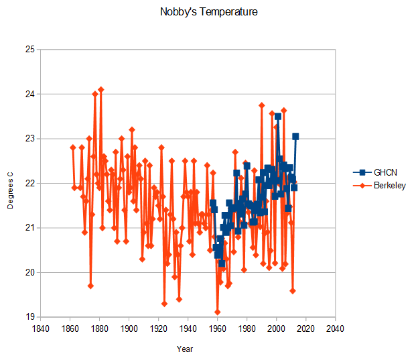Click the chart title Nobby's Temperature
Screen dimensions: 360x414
click(209, 12)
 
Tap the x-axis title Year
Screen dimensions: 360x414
click(186, 349)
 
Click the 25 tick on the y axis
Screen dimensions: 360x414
click(30, 50)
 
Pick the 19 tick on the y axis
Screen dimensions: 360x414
click(30, 317)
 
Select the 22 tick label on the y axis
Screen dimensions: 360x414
click(30, 183)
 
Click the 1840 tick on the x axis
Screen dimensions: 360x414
click(41, 329)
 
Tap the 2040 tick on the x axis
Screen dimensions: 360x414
click(335, 329)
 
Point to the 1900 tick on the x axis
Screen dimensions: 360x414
click(129, 329)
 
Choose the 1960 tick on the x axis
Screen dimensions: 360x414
click(217, 329)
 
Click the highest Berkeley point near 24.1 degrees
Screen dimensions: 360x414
click(101, 89)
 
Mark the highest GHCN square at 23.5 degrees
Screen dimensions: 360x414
click(277, 116)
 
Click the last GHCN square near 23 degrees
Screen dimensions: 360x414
click(295, 136)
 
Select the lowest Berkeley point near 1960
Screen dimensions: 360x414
click(218, 312)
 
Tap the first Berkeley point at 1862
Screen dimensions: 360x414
click(73, 147)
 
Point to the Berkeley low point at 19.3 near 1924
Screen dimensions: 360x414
click(164, 304)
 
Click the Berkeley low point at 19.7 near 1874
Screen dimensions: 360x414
click(90, 286)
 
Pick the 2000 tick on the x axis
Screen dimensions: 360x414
click(276, 329)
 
